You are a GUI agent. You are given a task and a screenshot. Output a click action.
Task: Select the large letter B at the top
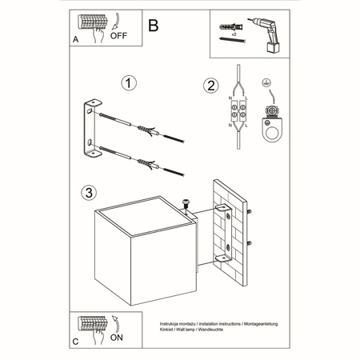coord(154,24)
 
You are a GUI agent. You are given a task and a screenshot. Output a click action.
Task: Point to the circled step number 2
coord(210,86)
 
